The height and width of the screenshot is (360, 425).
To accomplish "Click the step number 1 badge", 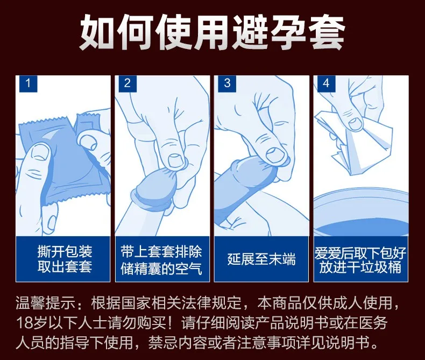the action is click(28, 83).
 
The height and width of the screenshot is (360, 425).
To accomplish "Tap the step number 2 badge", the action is click(127, 83).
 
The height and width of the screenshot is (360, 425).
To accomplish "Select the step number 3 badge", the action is click(227, 83).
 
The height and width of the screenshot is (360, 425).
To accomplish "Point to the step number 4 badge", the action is click(327, 83).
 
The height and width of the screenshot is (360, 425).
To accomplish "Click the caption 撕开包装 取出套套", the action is click(65, 259).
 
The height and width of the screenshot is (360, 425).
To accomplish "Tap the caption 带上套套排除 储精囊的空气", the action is click(161, 260).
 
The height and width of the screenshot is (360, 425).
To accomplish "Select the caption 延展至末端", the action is click(261, 259).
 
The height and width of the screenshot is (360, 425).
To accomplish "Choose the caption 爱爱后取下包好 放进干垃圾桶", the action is click(360, 260).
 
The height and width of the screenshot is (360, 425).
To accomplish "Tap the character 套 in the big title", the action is click(327, 32).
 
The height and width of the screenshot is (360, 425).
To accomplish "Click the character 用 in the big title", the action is click(211, 32).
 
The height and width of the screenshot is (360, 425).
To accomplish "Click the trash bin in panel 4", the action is click(361, 212).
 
